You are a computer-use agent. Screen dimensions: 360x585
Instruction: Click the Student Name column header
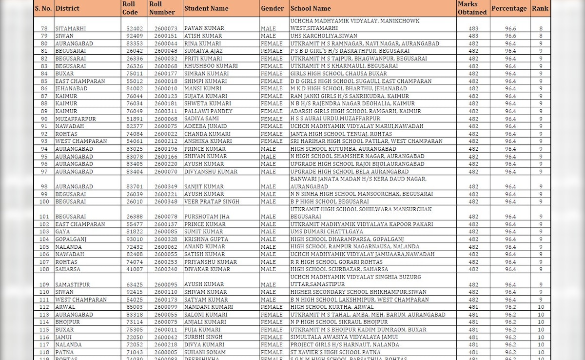(206, 8)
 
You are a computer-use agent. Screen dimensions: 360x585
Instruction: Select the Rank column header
(540, 8)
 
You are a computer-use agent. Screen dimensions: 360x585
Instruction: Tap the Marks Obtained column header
(472, 8)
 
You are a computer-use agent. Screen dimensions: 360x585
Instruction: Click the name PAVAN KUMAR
(204, 28)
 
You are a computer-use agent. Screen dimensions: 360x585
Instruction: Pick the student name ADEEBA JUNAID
(205, 126)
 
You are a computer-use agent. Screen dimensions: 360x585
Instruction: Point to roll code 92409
(135, 36)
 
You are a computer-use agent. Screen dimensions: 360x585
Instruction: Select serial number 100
(44, 201)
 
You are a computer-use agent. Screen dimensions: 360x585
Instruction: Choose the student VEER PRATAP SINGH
(212, 201)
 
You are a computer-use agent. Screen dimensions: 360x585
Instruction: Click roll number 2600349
(166, 187)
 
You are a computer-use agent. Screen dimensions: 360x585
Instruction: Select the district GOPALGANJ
(71, 240)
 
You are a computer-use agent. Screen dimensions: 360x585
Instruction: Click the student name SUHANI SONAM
(205, 352)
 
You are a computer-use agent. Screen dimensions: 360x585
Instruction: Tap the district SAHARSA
(68, 269)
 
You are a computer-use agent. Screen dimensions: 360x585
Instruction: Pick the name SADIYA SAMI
(201, 119)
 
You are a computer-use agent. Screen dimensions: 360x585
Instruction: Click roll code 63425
(135, 284)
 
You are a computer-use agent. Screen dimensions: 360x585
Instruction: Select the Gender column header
(273, 8)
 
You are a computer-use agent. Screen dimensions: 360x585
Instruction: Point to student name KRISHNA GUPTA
(206, 240)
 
